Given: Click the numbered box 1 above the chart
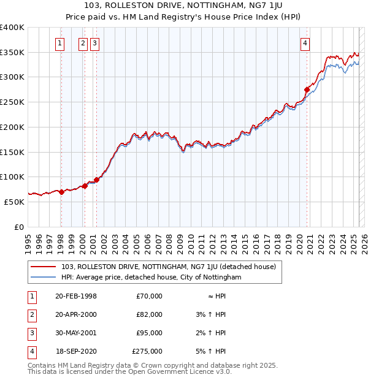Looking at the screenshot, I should click(x=60, y=43).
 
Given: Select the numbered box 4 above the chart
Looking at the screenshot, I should click(x=305, y=43).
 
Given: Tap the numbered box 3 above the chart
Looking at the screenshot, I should click(x=94, y=43).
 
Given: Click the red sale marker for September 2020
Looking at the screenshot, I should click(x=307, y=89).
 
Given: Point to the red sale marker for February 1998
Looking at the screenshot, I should click(x=61, y=192).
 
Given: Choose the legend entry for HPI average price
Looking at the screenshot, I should click(x=151, y=278).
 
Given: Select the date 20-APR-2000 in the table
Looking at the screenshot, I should click(x=76, y=314).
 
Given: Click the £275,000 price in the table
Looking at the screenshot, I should click(x=147, y=351).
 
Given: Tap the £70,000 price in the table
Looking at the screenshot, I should click(x=150, y=296).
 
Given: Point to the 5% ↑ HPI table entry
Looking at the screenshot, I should click(x=211, y=351).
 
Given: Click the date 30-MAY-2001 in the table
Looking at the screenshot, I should click(x=76, y=333).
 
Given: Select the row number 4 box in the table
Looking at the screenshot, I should click(x=31, y=351).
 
